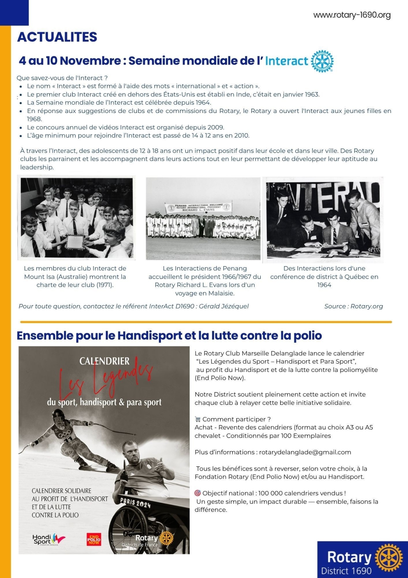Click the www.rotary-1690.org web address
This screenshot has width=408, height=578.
click(352, 15)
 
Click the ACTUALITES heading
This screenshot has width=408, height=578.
click(57, 37)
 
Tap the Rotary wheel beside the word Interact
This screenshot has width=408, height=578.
click(322, 61)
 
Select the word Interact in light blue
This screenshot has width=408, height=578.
click(286, 61)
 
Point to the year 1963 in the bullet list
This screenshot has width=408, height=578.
click(312, 94)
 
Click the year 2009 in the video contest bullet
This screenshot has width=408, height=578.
click(215, 127)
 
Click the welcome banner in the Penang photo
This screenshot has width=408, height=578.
click(198, 208)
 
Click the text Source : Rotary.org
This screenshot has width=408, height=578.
click(354, 306)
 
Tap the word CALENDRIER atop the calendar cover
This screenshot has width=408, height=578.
click(104, 361)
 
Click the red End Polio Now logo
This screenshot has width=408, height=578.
click(94, 539)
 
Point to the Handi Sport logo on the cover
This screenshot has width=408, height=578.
click(48, 539)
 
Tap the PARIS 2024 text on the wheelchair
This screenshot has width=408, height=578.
click(135, 503)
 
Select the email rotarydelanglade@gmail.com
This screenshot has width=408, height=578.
click(305, 452)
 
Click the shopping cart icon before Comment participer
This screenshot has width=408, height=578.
click(198, 419)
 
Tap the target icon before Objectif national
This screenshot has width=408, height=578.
click(198, 493)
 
